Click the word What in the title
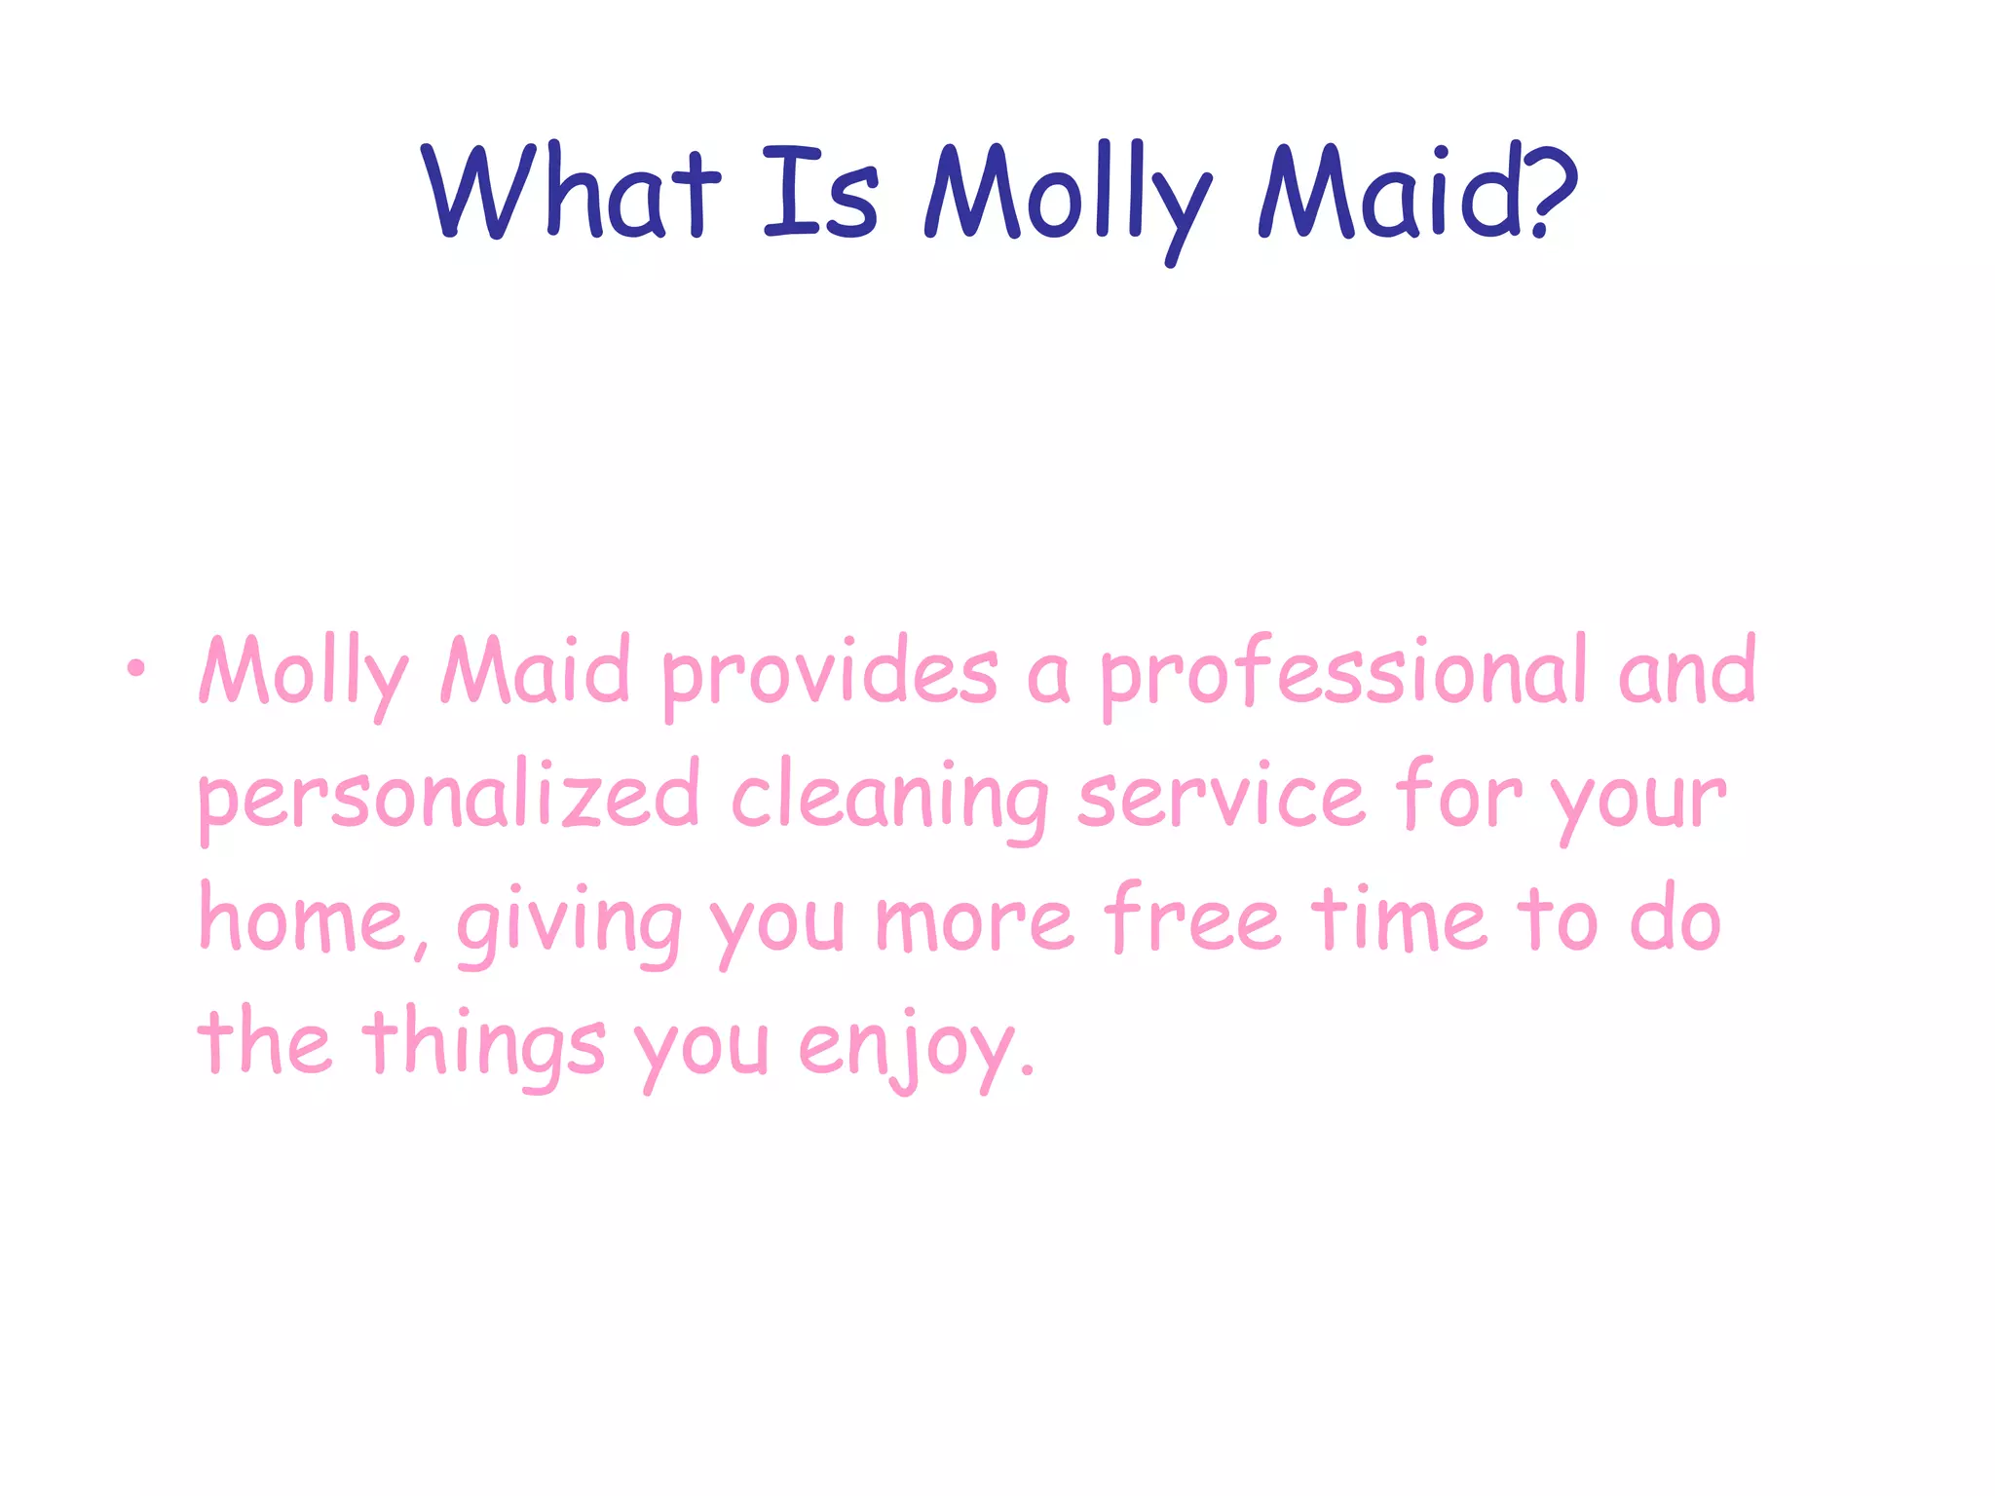571,191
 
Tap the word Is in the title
820,193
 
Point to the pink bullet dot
135,668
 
